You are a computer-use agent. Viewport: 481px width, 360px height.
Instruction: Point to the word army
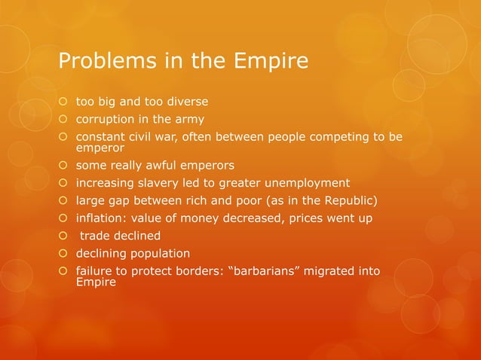coord(188,119)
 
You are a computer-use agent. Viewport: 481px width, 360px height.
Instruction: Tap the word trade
coord(97,236)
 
